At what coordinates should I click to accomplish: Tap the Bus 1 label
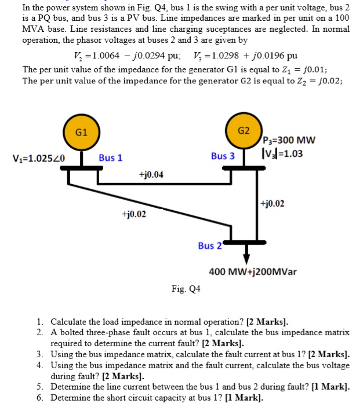pyautogui.click(x=110, y=157)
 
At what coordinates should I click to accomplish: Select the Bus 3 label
pyautogui.click(x=223, y=156)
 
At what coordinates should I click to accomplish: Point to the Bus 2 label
pyautogui.click(x=210, y=246)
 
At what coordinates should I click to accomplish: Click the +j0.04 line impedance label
pyautogui.click(x=151, y=174)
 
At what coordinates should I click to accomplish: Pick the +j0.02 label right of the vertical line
pyautogui.click(x=273, y=203)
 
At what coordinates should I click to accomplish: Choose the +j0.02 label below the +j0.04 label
pyautogui.click(x=134, y=214)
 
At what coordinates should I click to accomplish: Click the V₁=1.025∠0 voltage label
pyautogui.click(x=38, y=158)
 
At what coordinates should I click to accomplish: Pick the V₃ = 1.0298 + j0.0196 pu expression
pyautogui.click(x=243, y=56)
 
